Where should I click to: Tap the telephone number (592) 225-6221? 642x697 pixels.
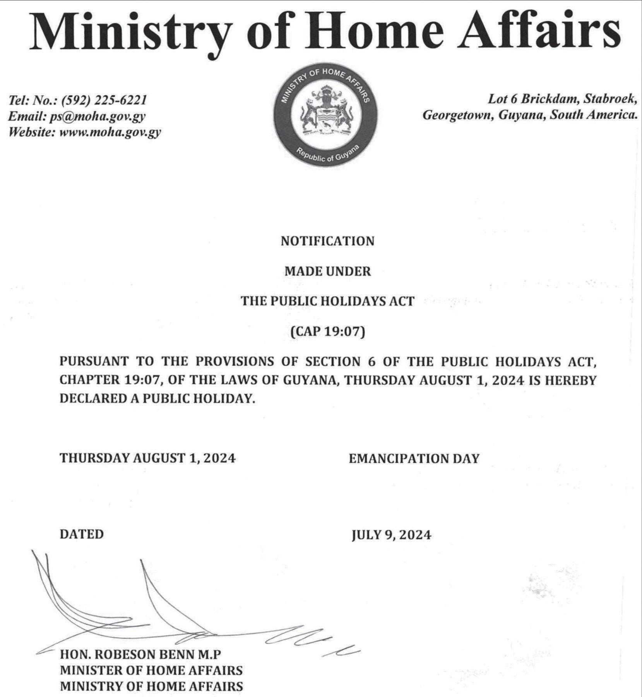pyautogui.click(x=104, y=100)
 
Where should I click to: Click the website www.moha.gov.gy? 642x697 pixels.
pyautogui.click(x=110, y=132)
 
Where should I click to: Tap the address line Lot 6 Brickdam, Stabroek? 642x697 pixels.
pyautogui.click(x=562, y=99)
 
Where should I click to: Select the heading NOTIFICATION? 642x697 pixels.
pyautogui.click(x=327, y=241)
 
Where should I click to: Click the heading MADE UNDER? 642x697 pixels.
pyautogui.click(x=327, y=271)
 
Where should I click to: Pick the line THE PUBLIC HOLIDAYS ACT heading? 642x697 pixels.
pyautogui.click(x=327, y=301)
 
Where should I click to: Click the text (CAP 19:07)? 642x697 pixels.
pyautogui.click(x=327, y=332)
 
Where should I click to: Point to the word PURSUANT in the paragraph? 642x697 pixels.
pyautogui.click(x=94, y=362)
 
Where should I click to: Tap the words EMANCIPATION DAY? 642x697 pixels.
pyautogui.click(x=414, y=459)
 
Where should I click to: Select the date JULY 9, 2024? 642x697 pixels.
pyautogui.click(x=391, y=535)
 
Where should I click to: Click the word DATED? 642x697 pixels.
pyautogui.click(x=82, y=534)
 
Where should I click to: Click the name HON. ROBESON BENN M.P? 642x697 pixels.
pyautogui.click(x=140, y=654)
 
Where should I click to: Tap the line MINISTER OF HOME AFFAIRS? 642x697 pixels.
pyautogui.click(x=151, y=670)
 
